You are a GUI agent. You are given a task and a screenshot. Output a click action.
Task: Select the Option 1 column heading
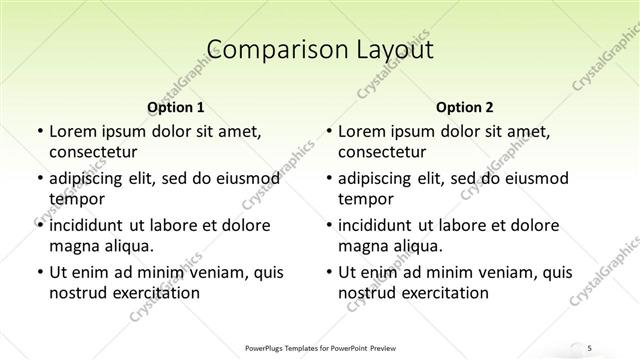tap(176, 107)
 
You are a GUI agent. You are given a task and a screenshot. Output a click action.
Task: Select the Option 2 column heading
tap(465, 107)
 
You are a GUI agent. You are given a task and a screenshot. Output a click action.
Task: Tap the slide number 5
tap(591, 347)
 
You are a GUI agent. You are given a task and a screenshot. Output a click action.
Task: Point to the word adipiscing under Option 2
tap(381, 178)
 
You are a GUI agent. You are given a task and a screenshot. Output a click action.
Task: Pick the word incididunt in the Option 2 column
tap(381, 225)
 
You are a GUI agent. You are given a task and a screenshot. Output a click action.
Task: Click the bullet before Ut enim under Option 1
tap(38, 272)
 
